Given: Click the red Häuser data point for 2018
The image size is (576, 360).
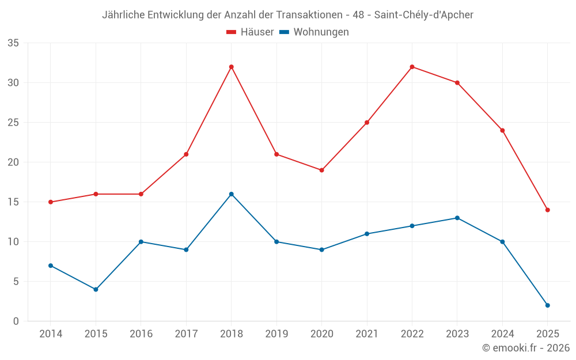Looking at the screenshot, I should pyautogui.click(x=232, y=67).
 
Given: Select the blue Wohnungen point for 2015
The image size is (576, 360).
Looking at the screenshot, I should pyautogui.click(x=96, y=289).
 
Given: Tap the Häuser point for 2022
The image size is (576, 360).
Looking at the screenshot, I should pyautogui.click(x=412, y=67).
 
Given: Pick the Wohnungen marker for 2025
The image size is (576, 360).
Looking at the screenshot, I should pyautogui.click(x=547, y=305).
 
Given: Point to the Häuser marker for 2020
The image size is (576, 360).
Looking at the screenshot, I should pyautogui.click(x=321, y=170).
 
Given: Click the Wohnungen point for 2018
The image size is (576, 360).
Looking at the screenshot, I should pyautogui.click(x=232, y=194).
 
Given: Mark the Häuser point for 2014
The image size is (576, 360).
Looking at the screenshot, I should pyautogui.click(x=51, y=202).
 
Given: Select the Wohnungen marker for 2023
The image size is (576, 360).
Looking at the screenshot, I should pyautogui.click(x=457, y=218).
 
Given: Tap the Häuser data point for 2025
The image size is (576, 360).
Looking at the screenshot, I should pyautogui.click(x=547, y=210).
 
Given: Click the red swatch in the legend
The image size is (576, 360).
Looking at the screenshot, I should pyautogui.click(x=232, y=32).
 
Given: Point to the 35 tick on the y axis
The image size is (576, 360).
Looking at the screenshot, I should pyautogui.click(x=13, y=43).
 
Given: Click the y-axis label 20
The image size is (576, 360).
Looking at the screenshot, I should pyautogui.click(x=13, y=162).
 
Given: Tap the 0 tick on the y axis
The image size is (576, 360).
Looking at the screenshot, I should pyautogui.click(x=16, y=321).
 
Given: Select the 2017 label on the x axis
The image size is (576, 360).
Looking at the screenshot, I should pyautogui.click(x=186, y=334).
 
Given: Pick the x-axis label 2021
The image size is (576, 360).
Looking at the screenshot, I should pyautogui.click(x=367, y=334).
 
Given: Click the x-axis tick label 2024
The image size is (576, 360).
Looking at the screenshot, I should pyautogui.click(x=502, y=334).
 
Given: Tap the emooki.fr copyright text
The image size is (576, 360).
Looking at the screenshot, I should pyautogui.click(x=526, y=348).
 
